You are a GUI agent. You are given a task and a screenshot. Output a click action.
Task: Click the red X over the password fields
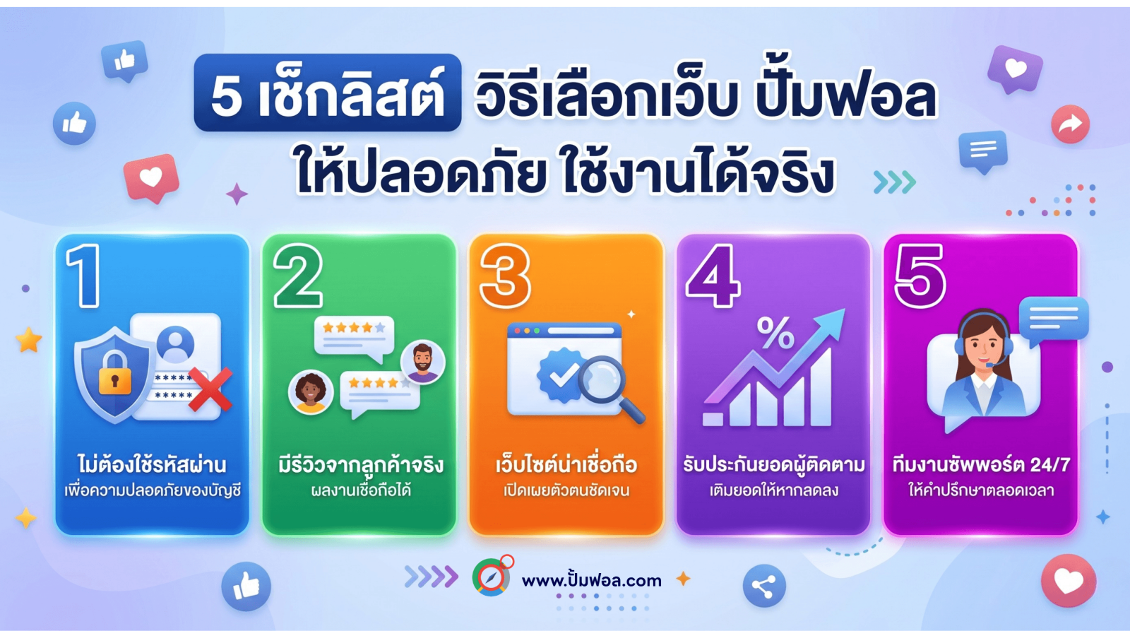[x=210, y=389]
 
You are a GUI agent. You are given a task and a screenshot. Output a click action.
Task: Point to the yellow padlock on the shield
[x=115, y=373]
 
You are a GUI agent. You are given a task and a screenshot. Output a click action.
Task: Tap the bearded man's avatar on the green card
[x=423, y=362]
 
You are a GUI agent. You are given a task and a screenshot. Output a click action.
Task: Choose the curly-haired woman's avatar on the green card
[x=310, y=392]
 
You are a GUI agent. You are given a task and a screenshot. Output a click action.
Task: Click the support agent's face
[x=983, y=346]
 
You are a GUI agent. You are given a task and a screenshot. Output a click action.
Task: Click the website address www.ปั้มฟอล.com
[x=591, y=580]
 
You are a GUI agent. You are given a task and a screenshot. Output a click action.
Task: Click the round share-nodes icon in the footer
[x=764, y=586]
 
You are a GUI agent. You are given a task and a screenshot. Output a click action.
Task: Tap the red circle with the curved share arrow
[x=1071, y=124]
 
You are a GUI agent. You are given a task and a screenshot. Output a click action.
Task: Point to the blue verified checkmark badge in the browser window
[x=559, y=375]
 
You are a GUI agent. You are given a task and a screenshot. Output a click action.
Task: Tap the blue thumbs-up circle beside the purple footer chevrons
[x=246, y=586]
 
